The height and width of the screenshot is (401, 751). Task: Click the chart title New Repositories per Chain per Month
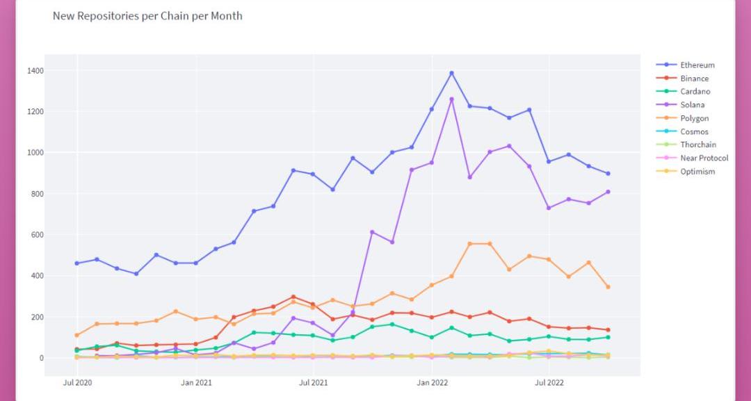[147, 15]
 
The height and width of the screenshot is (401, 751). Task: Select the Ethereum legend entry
[697, 65]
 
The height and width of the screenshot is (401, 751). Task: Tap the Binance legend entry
[694, 79]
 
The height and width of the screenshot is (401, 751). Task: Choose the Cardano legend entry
[695, 92]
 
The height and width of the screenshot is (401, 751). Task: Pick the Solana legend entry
[692, 105]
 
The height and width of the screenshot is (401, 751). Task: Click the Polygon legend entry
[694, 118]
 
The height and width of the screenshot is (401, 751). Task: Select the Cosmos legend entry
[694, 131]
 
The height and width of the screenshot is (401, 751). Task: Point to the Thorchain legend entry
[697, 145]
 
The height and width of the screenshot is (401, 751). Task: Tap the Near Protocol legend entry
[704, 158]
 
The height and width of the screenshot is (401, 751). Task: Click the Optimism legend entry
[697, 172]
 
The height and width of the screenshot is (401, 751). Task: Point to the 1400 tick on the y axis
[36, 71]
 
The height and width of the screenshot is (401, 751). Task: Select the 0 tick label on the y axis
[41, 359]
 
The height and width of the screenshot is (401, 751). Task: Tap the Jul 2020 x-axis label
[77, 382]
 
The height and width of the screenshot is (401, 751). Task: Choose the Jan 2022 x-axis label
[432, 382]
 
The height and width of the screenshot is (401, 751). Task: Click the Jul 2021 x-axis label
[314, 382]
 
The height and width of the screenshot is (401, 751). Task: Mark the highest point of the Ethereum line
[451, 73]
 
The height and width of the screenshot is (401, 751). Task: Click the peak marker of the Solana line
[451, 99]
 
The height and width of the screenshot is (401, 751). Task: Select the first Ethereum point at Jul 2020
[76, 263]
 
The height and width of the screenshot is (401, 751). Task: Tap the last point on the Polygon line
[608, 287]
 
